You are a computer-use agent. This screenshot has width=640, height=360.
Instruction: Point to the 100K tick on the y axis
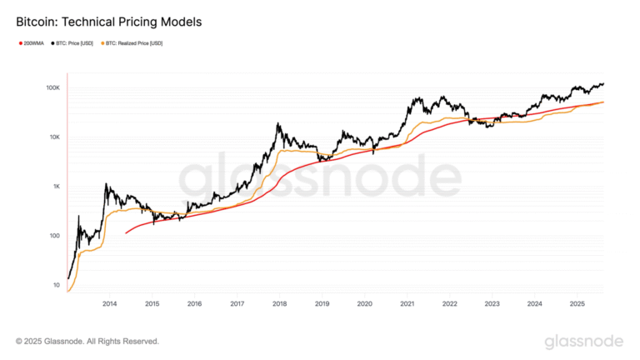pos(52,87)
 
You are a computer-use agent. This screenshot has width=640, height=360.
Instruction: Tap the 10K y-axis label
pos(52,137)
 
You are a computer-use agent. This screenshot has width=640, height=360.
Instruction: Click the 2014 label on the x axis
pos(109,304)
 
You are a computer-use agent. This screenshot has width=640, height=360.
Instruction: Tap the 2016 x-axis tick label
pos(194,304)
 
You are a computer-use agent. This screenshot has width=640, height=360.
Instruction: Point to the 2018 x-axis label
pos(279,304)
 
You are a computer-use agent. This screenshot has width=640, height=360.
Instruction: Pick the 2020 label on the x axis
pos(364,304)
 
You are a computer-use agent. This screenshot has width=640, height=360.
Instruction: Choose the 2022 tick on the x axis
pos(449,304)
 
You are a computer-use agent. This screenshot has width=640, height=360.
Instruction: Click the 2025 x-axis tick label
pos(577,304)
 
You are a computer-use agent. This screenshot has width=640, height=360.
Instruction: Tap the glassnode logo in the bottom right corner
pos(583,341)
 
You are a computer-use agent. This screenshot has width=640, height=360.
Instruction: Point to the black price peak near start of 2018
pos(277,124)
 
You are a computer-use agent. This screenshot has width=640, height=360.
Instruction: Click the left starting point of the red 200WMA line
pos(126,233)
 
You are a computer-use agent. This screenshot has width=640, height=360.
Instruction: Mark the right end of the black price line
pos(603,83)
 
